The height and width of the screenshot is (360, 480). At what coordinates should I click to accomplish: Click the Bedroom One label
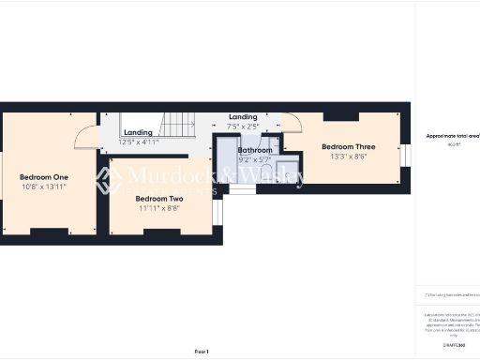point(44,177)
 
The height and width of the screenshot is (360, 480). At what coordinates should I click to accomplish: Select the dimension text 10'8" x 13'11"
point(44,188)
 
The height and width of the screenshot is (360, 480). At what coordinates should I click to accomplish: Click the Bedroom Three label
point(348,147)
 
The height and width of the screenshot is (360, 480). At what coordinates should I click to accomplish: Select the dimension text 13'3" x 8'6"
point(348,157)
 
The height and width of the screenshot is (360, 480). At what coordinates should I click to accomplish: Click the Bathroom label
point(255,150)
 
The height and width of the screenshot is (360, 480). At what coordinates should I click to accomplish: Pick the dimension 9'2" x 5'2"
point(255,160)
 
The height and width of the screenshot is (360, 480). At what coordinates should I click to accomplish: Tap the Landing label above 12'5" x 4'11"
point(138,132)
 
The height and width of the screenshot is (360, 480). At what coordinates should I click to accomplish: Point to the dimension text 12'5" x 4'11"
point(139,142)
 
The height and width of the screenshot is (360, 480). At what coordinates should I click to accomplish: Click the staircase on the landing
point(179,122)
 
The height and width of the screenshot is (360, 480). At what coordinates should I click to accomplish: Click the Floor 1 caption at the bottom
point(202,351)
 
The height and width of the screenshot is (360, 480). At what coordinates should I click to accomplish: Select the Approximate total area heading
point(452,137)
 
